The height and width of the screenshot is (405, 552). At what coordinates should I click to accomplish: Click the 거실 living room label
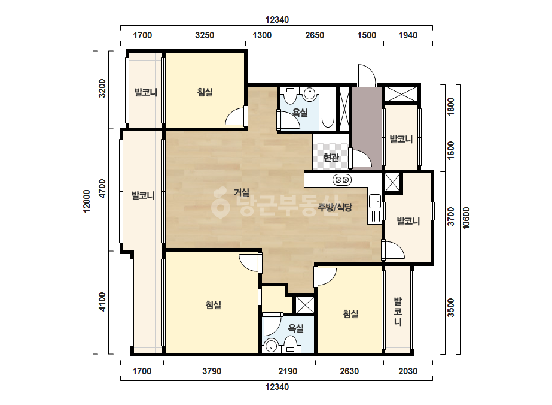[x=242, y=192]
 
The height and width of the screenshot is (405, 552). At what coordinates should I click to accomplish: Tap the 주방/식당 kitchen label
[x=335, y=207]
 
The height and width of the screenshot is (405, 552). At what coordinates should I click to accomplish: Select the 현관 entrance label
[x=331, y=157]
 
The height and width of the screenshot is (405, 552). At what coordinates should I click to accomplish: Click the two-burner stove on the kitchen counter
[x=342, y=180]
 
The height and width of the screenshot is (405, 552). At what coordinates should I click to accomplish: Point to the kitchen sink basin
[x=374, y=201]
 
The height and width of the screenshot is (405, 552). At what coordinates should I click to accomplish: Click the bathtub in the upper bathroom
[x=328, y=110]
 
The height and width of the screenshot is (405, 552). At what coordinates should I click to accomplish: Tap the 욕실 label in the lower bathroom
[x=295, y=328]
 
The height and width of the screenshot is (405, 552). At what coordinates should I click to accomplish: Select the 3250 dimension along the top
[x=205, y=35]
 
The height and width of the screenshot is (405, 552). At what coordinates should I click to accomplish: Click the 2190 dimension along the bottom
[x=288, y=371]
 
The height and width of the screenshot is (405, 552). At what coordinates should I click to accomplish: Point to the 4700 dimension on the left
[x=102, y=189]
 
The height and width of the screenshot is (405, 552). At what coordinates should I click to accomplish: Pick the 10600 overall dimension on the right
[x=466, y=218]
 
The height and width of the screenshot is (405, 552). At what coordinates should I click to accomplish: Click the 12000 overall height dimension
[x=87, y=201]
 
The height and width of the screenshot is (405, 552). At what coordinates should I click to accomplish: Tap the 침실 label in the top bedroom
[x=205, y=92]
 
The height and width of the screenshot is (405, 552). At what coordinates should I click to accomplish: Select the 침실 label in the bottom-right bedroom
[x=351, y=313]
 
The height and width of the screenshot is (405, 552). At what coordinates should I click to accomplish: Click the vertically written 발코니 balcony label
[x=398, y=312]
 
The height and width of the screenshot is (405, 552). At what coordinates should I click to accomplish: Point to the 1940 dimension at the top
[x=408, y=35]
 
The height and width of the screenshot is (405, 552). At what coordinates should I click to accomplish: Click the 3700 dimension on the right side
[x=450, y=217]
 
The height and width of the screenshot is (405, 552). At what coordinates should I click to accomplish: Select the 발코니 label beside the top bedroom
[x=145, y=92]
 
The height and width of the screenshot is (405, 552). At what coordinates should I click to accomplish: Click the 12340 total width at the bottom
[x=277, y=387]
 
